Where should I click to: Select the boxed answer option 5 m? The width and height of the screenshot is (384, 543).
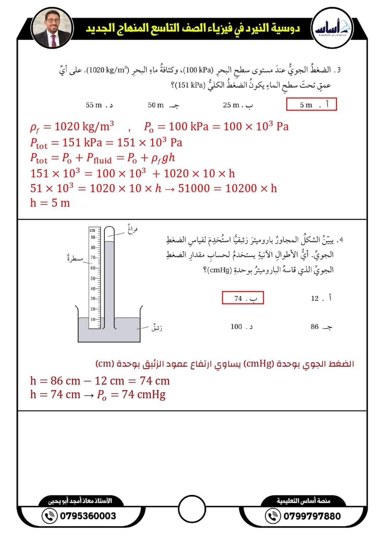[311, 105]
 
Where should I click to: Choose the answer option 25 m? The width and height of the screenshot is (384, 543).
[238, 105]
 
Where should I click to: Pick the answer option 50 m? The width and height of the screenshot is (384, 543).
[163, 105]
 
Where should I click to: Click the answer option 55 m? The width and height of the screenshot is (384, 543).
[99, 105]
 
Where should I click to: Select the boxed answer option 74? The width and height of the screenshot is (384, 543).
[243, 298]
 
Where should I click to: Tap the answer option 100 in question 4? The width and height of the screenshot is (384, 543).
[241, 326]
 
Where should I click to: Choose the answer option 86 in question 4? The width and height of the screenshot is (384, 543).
[321, 326]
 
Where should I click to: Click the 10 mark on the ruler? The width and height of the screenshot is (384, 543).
[93, 319]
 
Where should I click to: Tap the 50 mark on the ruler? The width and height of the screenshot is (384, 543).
[93, 278]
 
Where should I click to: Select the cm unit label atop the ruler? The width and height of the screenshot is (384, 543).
[92, 230]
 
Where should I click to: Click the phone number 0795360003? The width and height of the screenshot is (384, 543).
[88, 516]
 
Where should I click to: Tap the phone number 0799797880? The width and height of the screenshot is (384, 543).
[312, 516]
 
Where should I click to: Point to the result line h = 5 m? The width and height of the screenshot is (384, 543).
[50, 203]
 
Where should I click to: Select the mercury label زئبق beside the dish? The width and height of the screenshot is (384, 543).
[157, 327]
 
